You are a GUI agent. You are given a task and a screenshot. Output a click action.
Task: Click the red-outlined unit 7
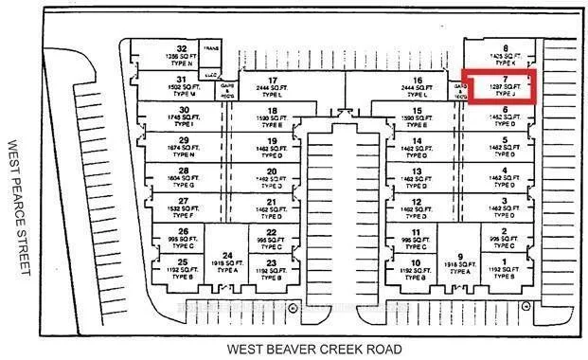pyautogui.click(x=498, y=86)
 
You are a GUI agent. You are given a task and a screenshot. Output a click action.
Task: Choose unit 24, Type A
pyautogui.click(x=227, y=261)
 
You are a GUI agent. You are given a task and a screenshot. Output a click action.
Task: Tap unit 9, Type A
pyautogui.click(x=460, y=262)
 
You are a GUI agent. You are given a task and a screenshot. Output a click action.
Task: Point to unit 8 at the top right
pyautogui.click(x=505, y=52)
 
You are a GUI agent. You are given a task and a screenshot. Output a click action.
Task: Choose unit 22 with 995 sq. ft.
pyautogui.click(x=272, y=237)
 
